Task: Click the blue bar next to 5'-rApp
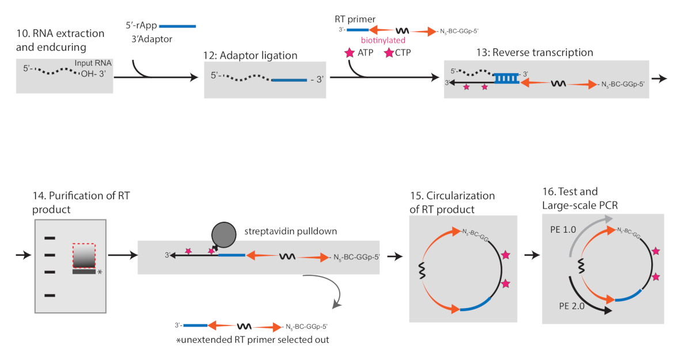(x=177, y=26)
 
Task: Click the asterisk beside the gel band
(x=100, y=272)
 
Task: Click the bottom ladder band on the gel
(x=50, y=295)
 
